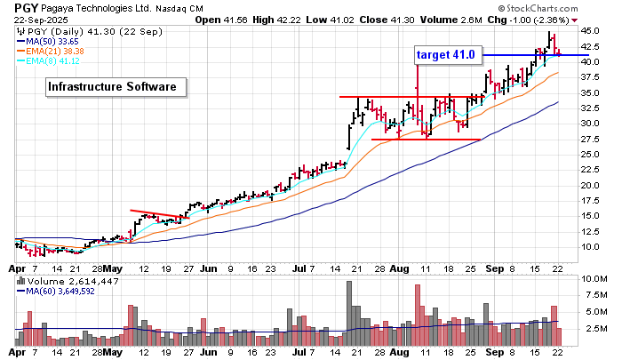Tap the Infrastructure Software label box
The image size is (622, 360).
(116, 86)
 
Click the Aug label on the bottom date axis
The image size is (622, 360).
(397, 353)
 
